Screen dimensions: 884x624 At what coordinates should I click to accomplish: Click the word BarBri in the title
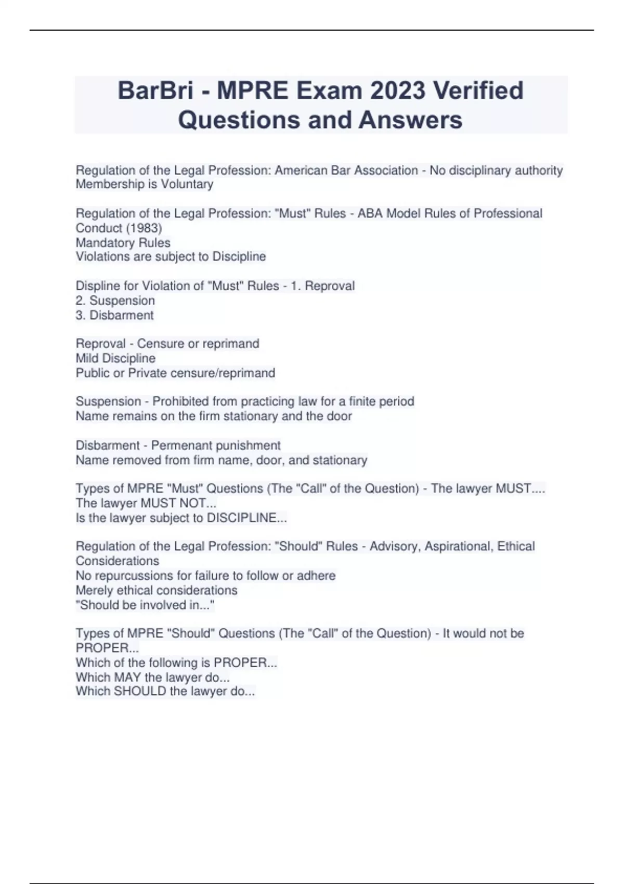pos(155,91)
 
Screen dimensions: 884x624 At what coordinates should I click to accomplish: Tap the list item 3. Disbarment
pos(115,315)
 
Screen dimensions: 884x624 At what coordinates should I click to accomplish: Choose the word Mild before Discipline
pos(87,358)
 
